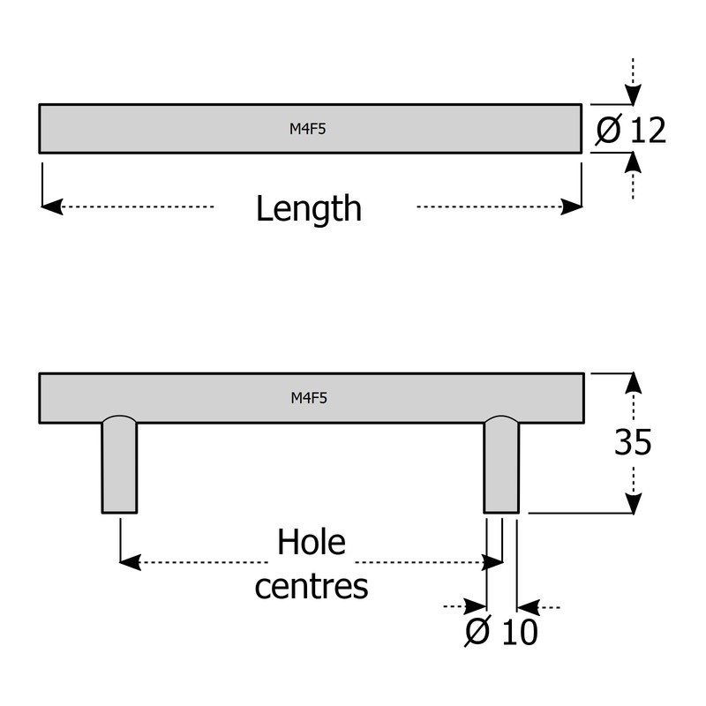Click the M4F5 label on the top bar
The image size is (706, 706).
click(307, 129)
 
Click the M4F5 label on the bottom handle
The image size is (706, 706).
click(309, 398)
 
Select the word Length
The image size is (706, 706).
click(309, 209)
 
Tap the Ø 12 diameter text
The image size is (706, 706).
click(630, 131)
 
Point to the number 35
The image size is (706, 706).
click(633, 442)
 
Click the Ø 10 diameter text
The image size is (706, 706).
click(501, 631)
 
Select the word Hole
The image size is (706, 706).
click(312, 542)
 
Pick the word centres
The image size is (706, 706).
click(312, 586)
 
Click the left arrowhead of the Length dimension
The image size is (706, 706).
click(52, 207)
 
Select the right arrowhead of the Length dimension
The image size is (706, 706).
click(571, 207)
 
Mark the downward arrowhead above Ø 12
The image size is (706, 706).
click(633, 94)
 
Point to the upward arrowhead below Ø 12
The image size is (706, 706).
click(633, 162)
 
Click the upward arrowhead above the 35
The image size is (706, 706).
click(634, 383)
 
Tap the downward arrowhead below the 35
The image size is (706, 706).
click(634, 503)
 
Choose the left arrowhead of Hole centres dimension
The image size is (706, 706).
click(130, 562)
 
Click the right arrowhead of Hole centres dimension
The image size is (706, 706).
click(492, 562)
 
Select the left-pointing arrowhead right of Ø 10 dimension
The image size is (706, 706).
click(528, 607)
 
